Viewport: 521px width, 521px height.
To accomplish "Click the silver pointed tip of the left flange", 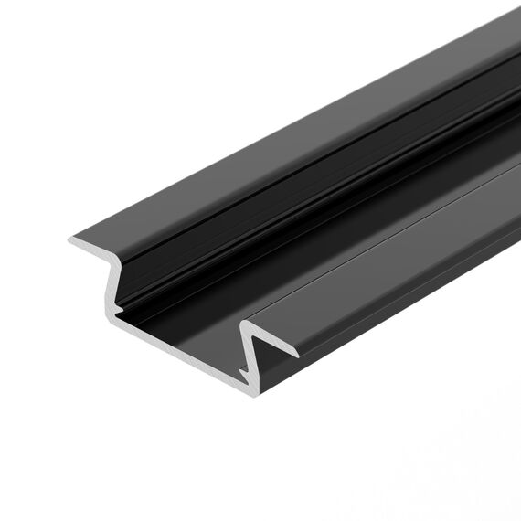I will [x=69, y=240].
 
